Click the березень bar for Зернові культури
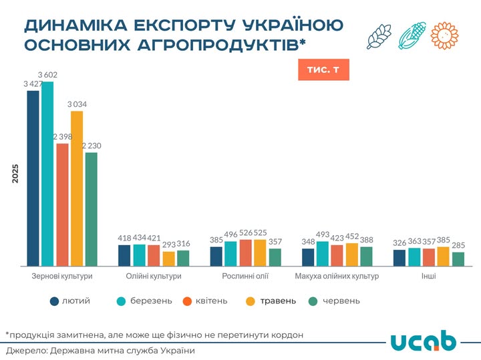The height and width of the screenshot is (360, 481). point(47,174)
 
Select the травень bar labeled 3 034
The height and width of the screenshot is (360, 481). point(77,188)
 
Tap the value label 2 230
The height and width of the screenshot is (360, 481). point(92,146)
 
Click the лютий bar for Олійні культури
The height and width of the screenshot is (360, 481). point(124,255)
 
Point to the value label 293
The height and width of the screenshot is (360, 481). point(168,244)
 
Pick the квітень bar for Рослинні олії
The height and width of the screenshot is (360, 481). point(245,252)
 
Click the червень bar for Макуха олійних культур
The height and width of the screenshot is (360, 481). point(367,256)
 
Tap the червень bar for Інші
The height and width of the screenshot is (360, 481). point(458,258)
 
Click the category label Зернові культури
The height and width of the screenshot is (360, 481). point(61,276)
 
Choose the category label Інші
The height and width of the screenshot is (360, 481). point(429,276)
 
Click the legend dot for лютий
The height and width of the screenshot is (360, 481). point(54,301)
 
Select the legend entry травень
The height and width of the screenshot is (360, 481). point(271,301)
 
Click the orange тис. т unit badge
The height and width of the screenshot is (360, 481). point(323,70)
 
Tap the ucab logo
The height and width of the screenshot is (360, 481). point(424,339)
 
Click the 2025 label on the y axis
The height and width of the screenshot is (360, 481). point(15,174)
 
